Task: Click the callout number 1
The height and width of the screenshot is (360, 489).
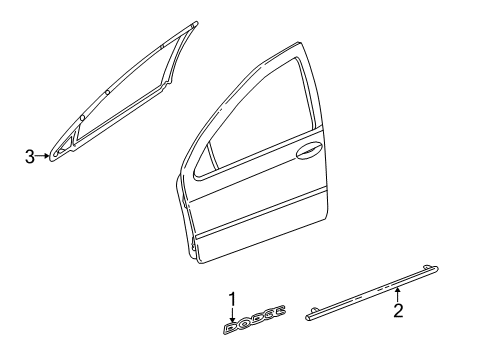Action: (232, 299)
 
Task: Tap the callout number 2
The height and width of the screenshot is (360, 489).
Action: (397, 340)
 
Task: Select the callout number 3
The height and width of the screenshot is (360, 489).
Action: (30, 154)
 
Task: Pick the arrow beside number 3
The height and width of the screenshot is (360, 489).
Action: (44, 154)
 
